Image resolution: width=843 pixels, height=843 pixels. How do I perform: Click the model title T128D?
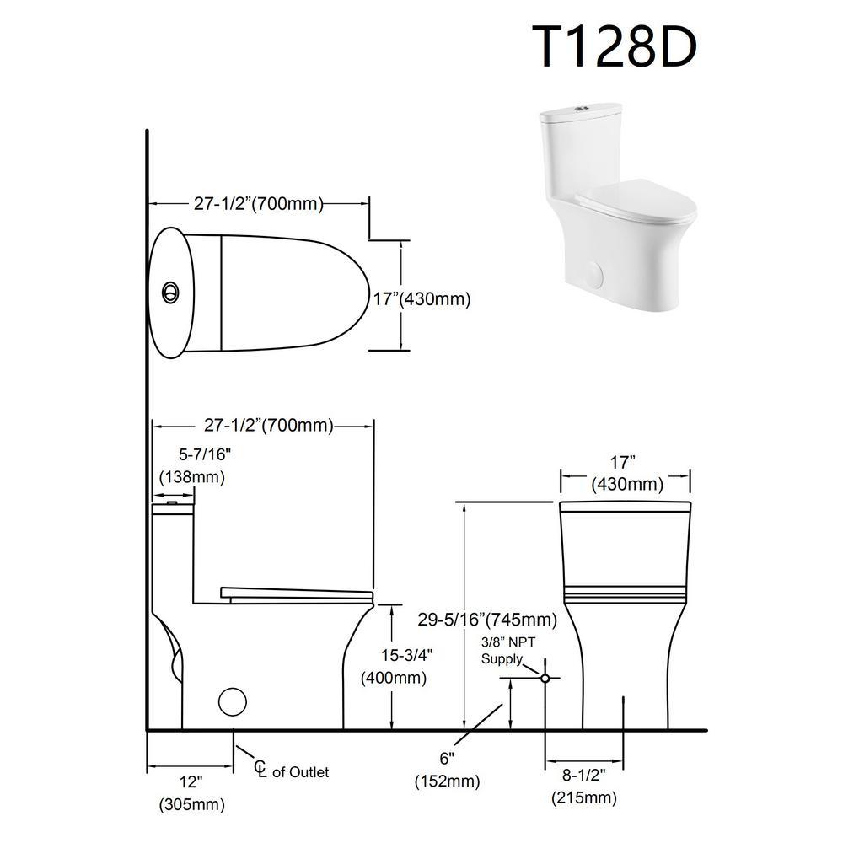coord(615,47)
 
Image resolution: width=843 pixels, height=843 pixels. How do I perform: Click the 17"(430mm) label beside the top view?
coord(422,298)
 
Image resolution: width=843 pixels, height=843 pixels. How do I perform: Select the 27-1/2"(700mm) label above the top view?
coord(259,204)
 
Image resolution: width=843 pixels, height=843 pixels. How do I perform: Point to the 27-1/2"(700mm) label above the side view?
coord(268,425)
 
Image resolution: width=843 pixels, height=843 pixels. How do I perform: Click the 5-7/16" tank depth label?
coord(204,455)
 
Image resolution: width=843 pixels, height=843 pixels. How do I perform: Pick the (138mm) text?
coord(192,477)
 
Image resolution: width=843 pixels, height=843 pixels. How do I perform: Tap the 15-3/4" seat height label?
coord(407,655)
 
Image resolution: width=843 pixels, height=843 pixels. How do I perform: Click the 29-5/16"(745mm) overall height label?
coord(487,620)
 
